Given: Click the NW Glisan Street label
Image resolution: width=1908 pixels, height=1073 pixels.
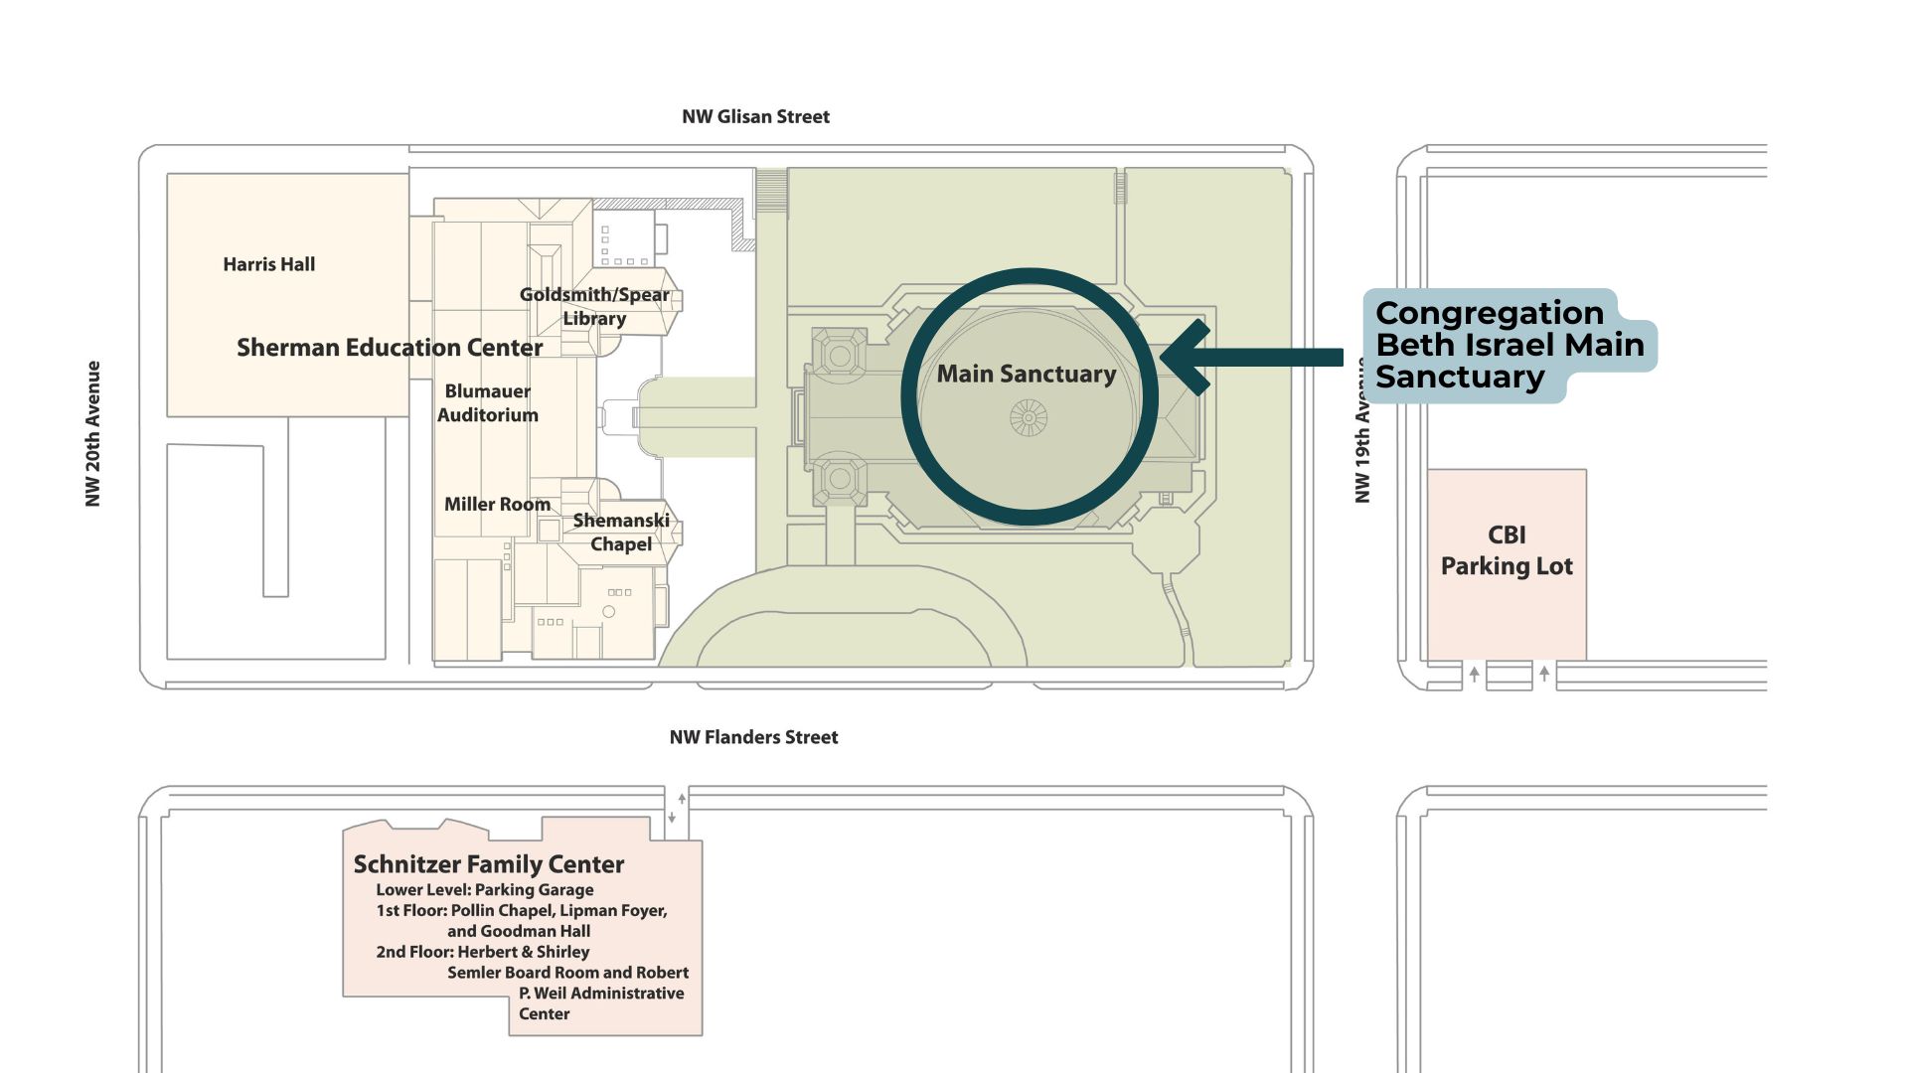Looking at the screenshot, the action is (755, 117).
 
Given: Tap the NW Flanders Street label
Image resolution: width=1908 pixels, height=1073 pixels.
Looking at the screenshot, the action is (753, 737).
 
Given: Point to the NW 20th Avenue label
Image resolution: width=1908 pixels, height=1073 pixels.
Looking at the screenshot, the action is (93, 433).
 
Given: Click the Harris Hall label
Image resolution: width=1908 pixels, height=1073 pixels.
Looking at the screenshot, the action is (269, 264).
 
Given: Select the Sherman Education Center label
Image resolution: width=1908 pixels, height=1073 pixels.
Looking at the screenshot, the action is (390, 348).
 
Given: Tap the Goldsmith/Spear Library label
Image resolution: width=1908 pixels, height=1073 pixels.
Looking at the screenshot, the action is (594, 306).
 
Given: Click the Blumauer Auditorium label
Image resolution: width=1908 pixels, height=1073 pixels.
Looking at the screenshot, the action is (488, 402).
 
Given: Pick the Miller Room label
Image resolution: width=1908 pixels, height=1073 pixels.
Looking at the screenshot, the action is (497, 505).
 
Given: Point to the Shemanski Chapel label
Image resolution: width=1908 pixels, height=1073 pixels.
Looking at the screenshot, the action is (621, 532).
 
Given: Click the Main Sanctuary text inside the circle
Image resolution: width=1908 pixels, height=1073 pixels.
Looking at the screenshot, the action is (1027, 374).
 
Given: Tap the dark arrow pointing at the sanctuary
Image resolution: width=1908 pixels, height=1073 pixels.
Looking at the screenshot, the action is (1251, 357).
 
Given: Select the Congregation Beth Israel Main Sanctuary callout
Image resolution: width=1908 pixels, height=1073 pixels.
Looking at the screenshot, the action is (1510, 345).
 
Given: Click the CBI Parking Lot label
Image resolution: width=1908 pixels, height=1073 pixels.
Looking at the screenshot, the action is (1507, 550).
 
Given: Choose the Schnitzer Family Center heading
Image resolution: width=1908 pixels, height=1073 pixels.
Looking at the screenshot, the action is (489, 864).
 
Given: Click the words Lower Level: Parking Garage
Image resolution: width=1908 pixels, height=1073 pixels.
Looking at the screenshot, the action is (485, 890).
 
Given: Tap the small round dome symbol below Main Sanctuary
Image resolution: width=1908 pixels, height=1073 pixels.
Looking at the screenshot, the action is (1029, 418).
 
